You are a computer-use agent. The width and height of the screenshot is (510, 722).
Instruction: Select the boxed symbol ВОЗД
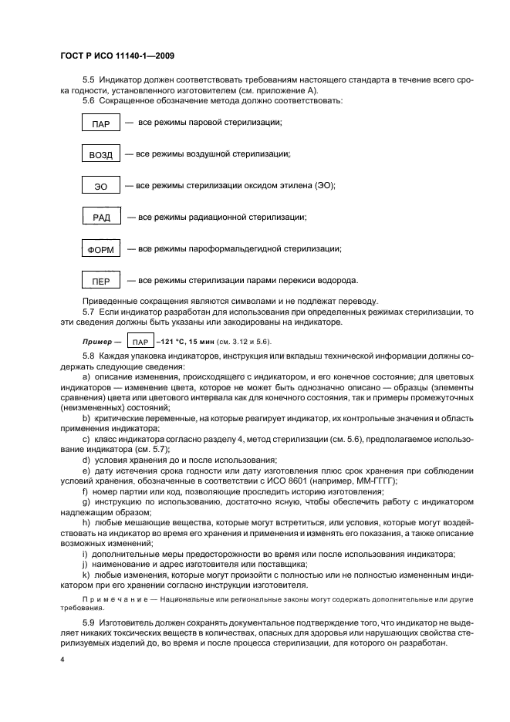click(100, 155)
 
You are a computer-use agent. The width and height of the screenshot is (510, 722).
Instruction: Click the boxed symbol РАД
click(101, 218)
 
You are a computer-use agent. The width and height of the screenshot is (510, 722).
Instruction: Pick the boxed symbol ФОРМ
click(100, 250)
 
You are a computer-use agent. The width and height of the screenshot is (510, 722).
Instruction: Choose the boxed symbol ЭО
click(101, 187)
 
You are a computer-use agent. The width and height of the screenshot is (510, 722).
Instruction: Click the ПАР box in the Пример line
click(140, 342)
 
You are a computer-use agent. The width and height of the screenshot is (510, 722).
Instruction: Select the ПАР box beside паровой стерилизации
click(100, 123)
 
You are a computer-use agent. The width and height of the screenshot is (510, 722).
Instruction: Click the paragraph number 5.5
click(89, 80)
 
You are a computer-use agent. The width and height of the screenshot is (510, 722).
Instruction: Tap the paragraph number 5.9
click(89, 622)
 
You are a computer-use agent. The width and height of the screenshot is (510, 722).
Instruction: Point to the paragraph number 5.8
click(89, 358)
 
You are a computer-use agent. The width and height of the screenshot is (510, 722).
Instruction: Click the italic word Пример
click(98, 342)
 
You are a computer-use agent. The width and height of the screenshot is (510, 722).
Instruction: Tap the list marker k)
click(85, 575)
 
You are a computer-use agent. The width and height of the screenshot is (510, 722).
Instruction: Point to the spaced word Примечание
click(113, 599)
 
